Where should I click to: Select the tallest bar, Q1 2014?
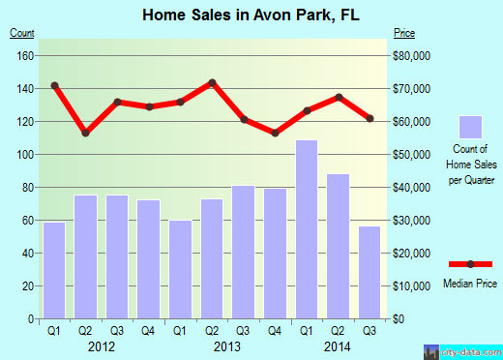coord(307,229)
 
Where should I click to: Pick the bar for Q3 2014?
coord(370,272)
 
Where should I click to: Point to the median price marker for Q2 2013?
coord(212,83)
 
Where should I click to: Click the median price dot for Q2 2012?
coord(86,133)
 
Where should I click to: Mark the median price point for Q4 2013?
coord(276,133)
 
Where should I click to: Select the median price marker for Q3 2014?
coord(370,118)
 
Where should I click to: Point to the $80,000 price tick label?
coord(413,55)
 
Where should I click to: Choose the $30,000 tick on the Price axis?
coord(413,221)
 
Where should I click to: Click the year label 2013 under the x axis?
coord(227,347)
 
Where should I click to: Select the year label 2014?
coord(339,347)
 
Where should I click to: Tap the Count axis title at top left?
coord(22,34)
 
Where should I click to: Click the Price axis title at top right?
coord(404,34)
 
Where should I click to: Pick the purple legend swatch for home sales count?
coord(470,127)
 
